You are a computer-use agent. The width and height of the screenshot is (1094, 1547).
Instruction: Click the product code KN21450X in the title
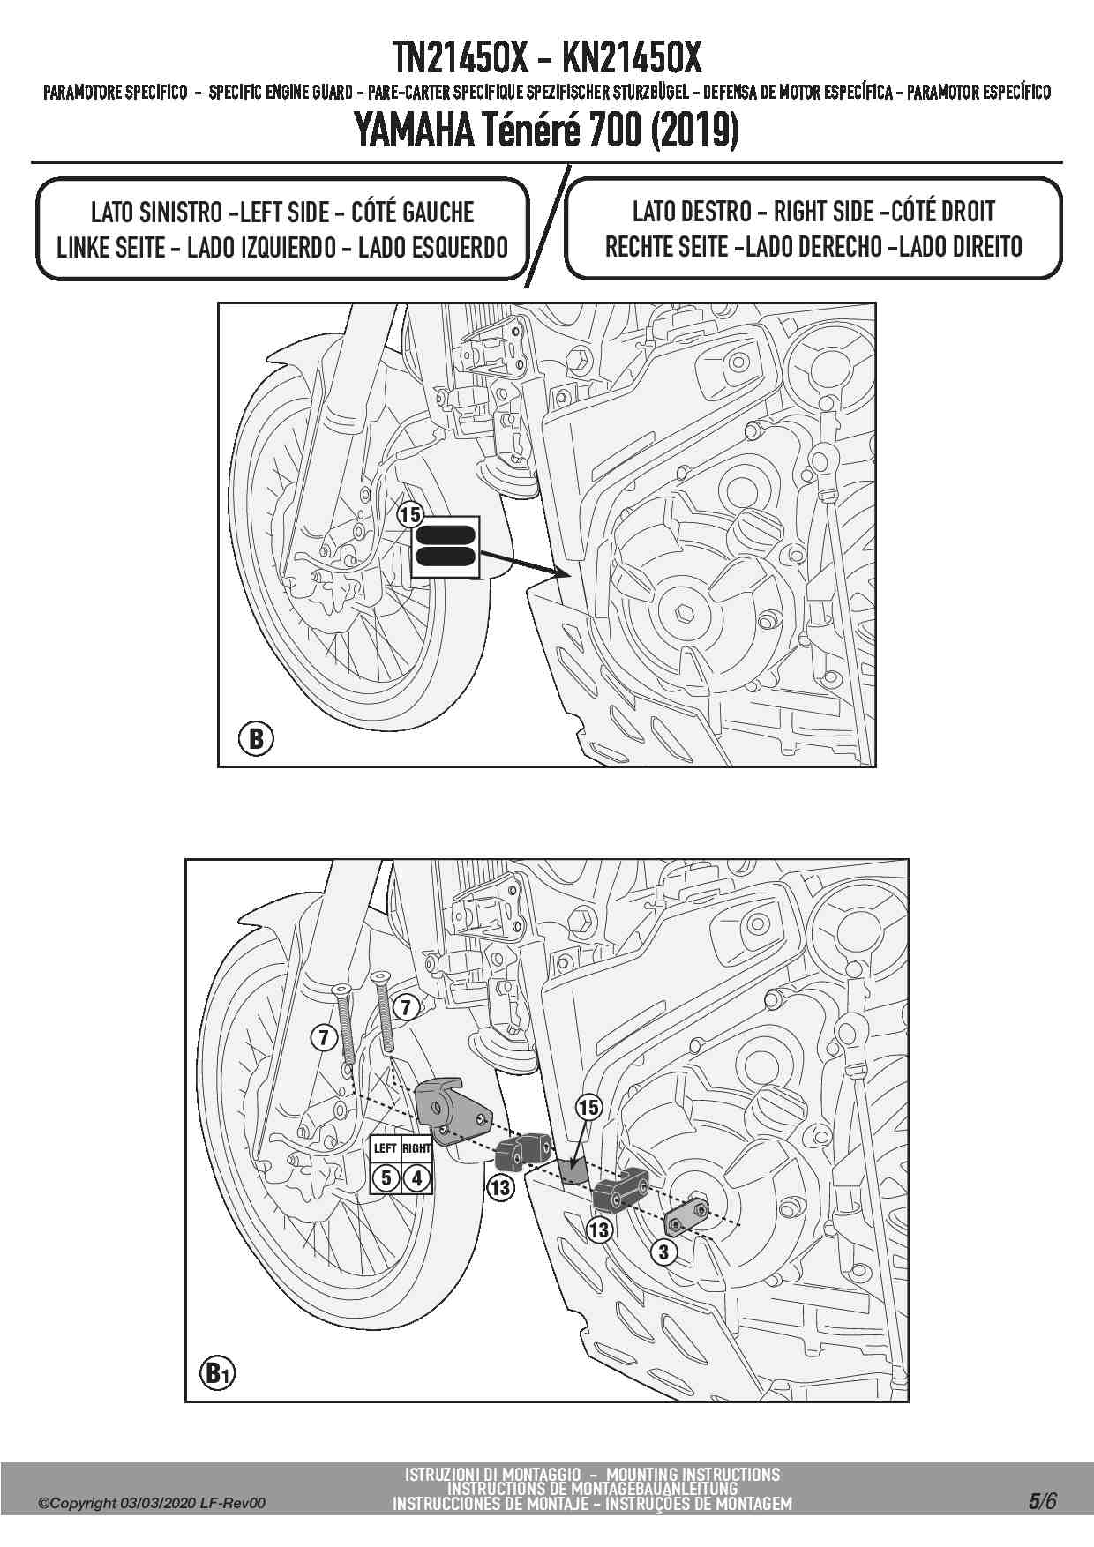631,58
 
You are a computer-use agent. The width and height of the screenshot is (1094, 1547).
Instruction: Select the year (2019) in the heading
694,132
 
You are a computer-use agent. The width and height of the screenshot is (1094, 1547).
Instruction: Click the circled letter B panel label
256,737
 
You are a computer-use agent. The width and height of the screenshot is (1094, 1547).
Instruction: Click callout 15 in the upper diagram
410,514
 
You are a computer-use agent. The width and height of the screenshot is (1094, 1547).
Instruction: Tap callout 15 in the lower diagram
588,1108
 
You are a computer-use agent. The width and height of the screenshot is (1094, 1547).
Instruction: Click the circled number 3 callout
663,1252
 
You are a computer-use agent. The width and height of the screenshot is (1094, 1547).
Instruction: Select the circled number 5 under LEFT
386,1177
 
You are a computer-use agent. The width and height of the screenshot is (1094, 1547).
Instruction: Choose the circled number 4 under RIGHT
417,1177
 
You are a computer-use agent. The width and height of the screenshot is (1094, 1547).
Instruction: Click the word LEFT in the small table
386,1148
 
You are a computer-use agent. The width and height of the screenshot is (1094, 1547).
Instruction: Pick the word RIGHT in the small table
416,1148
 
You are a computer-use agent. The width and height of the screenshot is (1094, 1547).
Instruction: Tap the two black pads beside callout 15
446,545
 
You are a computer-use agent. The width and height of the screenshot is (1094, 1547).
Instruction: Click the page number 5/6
1041,1501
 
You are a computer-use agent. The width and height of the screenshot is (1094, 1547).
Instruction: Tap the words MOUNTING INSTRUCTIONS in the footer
693,1474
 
